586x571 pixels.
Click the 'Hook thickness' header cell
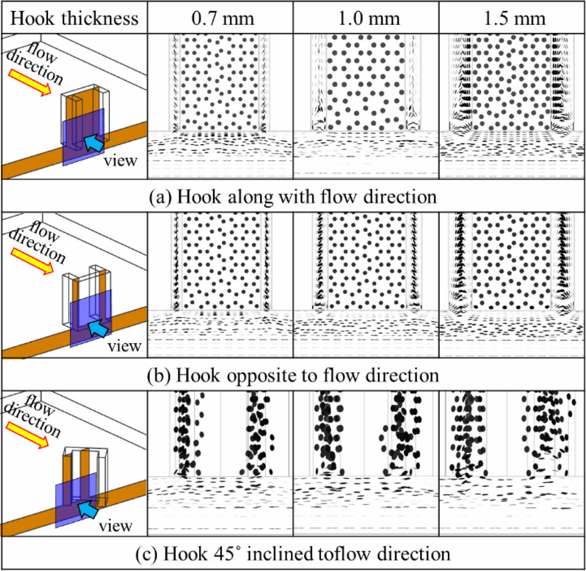[74, 18]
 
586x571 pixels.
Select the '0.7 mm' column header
[222, 18]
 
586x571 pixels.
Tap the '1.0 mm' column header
[368, 18]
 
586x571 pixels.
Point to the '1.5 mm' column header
[514, 18]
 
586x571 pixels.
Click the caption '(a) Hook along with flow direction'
[293, 197]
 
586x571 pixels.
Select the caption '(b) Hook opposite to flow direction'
[293, 375]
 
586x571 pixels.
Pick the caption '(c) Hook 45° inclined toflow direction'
[293, 554]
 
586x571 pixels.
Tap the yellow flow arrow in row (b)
[32, 261]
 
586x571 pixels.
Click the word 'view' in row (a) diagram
[120, 161]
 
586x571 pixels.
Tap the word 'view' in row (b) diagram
[125, 346]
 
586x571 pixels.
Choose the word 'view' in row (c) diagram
[116, 525]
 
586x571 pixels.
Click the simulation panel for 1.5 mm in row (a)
[512, 106]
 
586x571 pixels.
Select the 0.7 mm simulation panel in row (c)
[220, 463]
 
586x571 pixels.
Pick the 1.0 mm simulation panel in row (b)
[366, 285]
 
